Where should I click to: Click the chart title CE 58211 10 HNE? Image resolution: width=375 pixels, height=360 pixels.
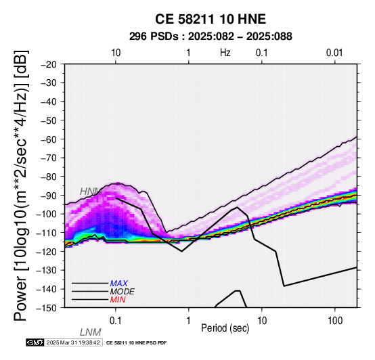tap(211, 19)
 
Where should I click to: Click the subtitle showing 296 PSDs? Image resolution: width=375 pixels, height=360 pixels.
tap(211, 37)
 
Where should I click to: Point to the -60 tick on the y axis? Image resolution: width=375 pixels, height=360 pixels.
tap(49, 139)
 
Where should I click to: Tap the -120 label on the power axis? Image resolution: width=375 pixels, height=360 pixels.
tap(47, 252)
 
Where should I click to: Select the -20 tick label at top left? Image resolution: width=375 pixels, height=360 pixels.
tap(49, 64)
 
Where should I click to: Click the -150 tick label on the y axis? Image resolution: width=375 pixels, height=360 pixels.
tap(47, 308)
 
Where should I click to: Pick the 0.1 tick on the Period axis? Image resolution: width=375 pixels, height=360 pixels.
tap(116, 321)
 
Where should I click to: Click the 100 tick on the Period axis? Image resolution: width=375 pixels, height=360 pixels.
tap(335, 321)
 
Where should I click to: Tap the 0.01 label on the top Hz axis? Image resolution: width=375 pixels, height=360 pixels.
tap(334, 53)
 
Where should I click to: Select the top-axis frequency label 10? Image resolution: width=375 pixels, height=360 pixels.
tap(116, 53)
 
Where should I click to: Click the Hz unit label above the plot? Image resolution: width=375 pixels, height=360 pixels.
tap(225, 53)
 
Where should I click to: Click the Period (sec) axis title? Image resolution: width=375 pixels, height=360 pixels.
tap(225, 328)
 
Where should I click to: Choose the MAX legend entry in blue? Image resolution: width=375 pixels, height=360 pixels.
tap(119, 284)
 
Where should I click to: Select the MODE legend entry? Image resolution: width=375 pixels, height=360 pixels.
tap(123, 292)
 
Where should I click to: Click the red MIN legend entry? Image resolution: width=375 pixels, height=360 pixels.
tap(118, 300)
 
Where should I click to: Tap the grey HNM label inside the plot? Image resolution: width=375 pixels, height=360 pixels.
tap(91, 192)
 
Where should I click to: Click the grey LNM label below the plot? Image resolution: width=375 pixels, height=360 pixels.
tap(91, 332)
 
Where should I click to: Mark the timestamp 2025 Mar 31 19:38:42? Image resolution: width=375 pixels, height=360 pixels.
tap(73, 342)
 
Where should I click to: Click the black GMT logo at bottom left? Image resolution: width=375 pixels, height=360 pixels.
tap(35, 342)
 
